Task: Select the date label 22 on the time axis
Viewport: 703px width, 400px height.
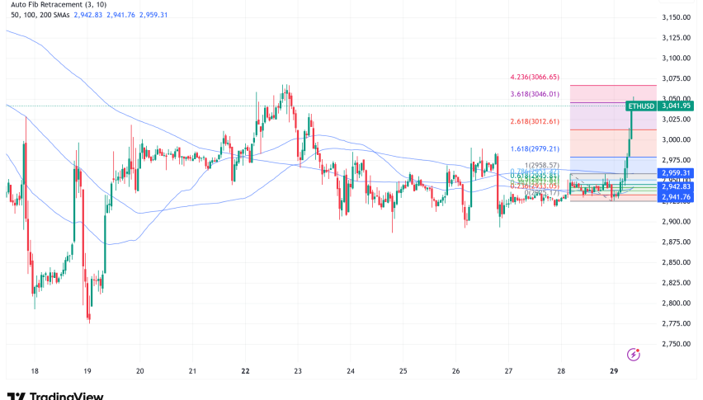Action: (x=245, y=371)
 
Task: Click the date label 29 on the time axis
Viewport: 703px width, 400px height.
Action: (x=614, y=371)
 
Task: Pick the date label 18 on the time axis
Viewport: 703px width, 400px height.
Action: (x=34, y=371)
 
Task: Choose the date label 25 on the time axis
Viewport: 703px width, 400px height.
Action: (x=403, y=371)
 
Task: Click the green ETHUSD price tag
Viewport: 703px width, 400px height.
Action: (x=641, y=106)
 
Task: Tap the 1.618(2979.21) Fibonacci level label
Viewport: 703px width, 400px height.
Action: (x=535, y=148)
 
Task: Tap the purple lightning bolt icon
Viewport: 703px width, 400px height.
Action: (x=634, y=354)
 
